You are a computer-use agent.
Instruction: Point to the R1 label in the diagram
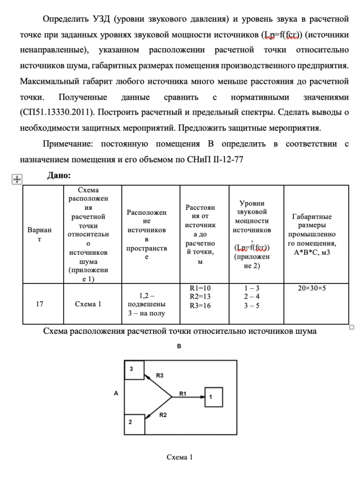pos(182,393)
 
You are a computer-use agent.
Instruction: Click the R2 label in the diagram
pos(163,415)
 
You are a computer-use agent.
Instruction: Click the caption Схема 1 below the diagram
pos(179,457)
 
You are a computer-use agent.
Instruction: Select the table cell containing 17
pos(39,303)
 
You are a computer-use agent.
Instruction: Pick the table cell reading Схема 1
pos(88,303)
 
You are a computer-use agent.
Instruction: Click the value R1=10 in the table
pos(201,288)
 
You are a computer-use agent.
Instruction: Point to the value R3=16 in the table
pos(201,305)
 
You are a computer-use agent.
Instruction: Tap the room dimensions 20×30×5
pos(312,288)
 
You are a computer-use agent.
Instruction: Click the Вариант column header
pos(39,234)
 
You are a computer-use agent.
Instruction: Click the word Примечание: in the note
pos(69,144)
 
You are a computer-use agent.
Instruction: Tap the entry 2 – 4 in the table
pos(252,296)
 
